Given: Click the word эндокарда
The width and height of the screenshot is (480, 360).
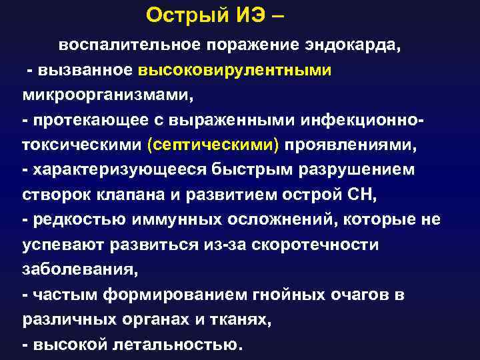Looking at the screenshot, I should tap(354, 46).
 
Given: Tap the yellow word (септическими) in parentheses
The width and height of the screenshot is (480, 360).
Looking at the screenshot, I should tap(205, 145).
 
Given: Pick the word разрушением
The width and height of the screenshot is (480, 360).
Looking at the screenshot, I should tap(360, 170).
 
